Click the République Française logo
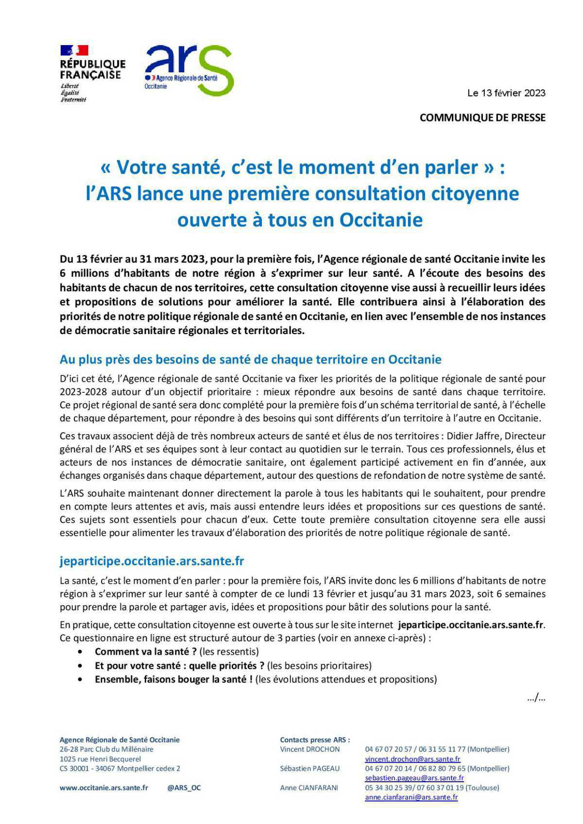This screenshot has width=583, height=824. (x=92, y=73)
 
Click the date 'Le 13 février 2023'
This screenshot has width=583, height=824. (x=506, y=93)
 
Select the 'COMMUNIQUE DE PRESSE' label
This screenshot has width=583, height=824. (x=482, y=118)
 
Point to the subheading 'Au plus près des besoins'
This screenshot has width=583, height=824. (x=250, y=360)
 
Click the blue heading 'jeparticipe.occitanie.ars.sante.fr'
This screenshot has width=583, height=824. (x=152, y=561)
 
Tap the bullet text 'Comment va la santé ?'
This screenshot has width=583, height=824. (x=145, y=652)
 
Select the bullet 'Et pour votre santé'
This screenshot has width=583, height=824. (x=179, y=665)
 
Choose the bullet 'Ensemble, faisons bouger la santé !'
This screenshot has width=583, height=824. (x=173, y=679)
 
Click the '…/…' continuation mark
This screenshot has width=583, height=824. (x=536, y=698)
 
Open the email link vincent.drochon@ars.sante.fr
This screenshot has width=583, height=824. (x=412, y=759)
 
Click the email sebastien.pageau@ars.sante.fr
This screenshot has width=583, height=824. (x=414, y=778)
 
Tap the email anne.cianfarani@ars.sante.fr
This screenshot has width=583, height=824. (x=411, y=797)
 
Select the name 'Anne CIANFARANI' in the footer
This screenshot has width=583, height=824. (x=309, y=788)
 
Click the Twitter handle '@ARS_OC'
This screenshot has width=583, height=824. (x=184, y=788)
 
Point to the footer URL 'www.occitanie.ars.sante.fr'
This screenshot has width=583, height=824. (x=103, y=788)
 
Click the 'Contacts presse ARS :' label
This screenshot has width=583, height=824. (x=315, y=740)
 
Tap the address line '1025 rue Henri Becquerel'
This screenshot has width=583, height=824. (x=100, y=759)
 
